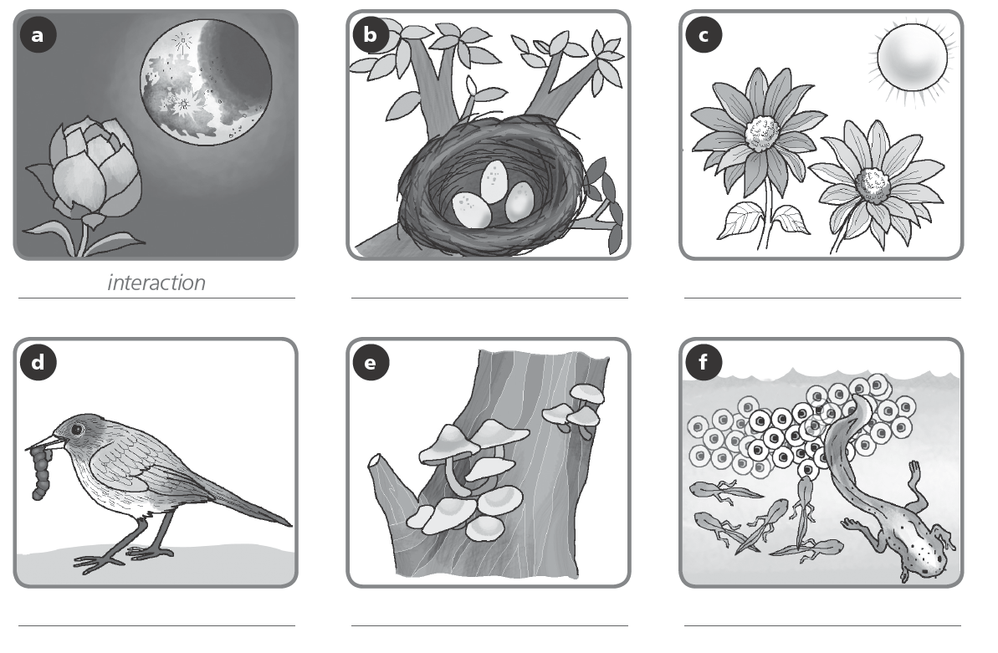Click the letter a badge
click(x=37, y=35)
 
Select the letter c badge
click(x=702, y=35)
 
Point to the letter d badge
click(x=37, y=364)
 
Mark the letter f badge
click(x=702, y=364)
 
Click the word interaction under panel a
click(x=156, y=283)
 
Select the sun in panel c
click(x=911, y=59)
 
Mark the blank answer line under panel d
click(x=156, y=625)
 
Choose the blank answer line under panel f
click(x=822, y=625)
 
